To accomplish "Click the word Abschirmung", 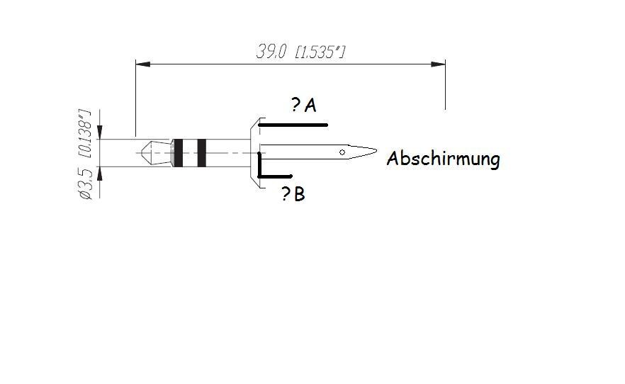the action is tap(444, 159).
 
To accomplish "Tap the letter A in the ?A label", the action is tap(310, 106).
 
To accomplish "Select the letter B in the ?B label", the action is tap(299, 194).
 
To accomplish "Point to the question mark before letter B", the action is tap(286, 194).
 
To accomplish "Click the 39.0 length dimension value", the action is tap(271, 52).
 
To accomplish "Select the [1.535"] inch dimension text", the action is tap(320, 52).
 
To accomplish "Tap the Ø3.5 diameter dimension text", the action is tap(86, 183).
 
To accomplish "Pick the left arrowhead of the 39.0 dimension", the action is tap(142, 64).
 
